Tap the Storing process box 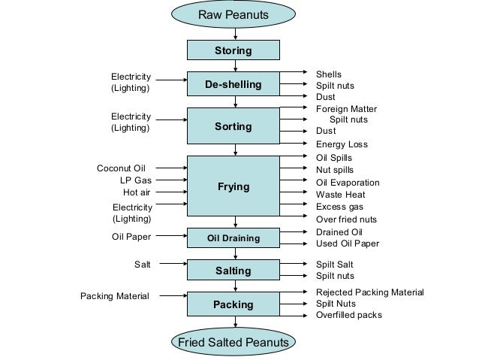click(233, 51)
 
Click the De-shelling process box click(233, 84)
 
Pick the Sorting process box click(233, 127)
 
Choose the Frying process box click(233, 186)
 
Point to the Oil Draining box click(233, 238)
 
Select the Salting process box click(233, 270)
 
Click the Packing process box click(233, 305)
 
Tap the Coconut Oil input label click(121, 168)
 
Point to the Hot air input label click(137, 192)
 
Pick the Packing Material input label click(115, 296)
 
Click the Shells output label click(328, 74)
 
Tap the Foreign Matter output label click(346, 108)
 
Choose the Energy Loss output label click(342, 144)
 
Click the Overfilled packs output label click(348, 315)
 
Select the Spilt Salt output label click(334, 265)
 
